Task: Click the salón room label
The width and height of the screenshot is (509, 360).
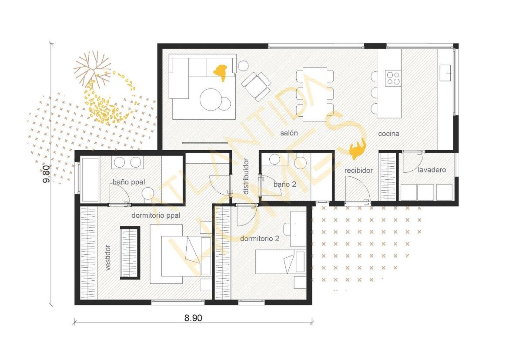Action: coord(289,133)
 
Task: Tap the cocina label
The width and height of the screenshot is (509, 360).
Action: coord(388,134)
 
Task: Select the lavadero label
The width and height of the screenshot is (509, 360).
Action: coord(432,170)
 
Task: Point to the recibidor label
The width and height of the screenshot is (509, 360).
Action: coord(358,170)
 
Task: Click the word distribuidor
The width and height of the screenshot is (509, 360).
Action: coord(246,176)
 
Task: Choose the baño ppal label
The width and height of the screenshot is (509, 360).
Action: coord(128,182)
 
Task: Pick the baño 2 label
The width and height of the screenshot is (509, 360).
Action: coord(285,184)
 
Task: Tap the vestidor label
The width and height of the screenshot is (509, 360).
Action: coord(108,258)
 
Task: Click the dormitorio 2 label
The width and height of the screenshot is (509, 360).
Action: coord(259,239)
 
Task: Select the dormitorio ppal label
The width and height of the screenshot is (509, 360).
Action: coord(156,215)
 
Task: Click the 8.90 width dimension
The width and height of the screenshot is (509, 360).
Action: coord(193,318)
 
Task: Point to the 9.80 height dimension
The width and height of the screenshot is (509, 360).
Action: coord(46,174)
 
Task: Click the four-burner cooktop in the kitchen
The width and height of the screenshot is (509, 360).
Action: coord(393,78)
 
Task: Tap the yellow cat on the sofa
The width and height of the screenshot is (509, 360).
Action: coord(221,72)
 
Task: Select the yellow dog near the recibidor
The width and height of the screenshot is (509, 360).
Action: coord(358,149)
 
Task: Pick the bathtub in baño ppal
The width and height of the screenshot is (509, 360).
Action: coord(90,180)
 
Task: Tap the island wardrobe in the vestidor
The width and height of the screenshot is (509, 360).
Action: coord(130,252)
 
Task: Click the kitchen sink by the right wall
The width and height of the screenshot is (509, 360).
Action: coord(445,73)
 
